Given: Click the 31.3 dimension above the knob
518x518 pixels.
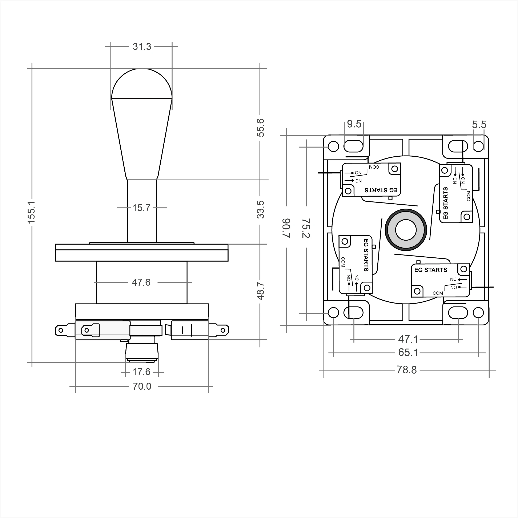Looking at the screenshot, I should [x=142, y=47].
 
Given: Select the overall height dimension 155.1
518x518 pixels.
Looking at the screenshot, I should [x=31, y=212].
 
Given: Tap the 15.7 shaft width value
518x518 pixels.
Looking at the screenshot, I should [x=141, y=208].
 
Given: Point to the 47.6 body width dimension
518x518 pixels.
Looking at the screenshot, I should [x=141, y=282].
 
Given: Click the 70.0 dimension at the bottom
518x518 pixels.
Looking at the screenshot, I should [x=142, y=386].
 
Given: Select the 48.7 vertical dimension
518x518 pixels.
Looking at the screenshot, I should [x=260, y=291].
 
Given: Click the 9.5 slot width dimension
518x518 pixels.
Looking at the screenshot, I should [x=354, y=124].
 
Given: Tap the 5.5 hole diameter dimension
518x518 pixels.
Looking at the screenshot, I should [x=479, y=125].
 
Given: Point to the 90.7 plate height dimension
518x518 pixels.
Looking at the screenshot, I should [x=286, y=228].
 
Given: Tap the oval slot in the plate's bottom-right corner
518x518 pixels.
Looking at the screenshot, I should [x=458, y=313].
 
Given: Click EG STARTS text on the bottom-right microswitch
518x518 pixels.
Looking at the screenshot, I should [x=431, y=270].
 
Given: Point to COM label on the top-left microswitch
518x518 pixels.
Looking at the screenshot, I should [x=374, y=167].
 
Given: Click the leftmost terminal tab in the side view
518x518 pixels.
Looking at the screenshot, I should [x=62, y=330].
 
